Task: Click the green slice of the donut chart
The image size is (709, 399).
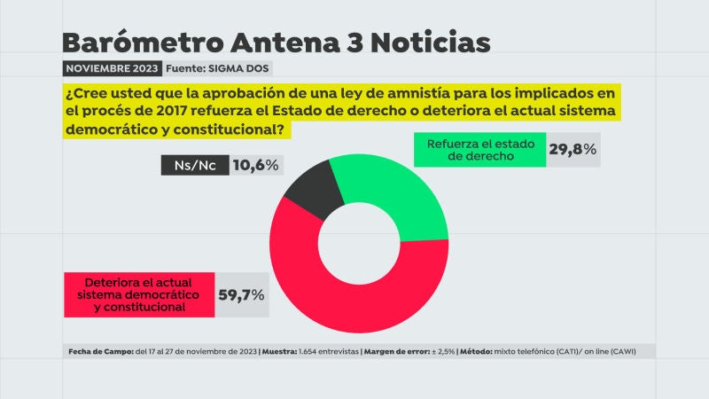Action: [408, 195]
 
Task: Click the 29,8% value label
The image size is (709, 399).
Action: [572, 150]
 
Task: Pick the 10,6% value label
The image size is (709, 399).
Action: [256, 165]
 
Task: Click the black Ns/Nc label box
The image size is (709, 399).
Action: [193, 165]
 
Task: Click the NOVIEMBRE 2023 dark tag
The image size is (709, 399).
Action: [111, 68]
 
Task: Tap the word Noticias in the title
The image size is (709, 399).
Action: [439, 42]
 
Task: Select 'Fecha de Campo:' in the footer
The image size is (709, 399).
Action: [99, 352]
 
